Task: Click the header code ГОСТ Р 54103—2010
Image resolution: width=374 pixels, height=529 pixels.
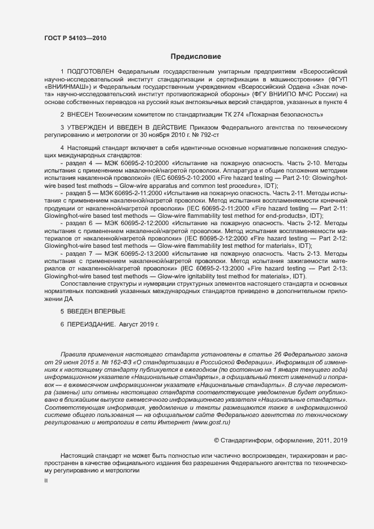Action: click(x=75, y=38)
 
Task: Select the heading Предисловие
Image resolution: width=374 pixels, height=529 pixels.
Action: click(x=196, y=57)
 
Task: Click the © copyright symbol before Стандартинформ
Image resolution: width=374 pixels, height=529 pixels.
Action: click(x=217, y=440)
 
